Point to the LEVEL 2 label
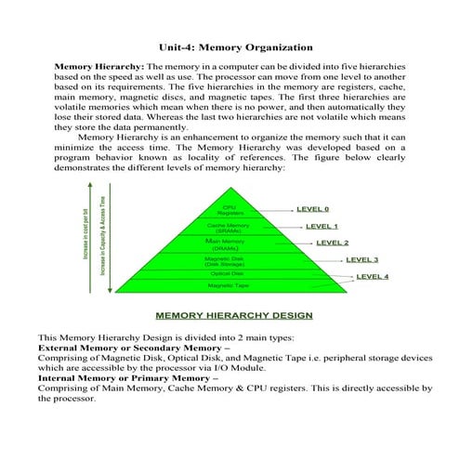coord(332,243)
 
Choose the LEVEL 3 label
coord(361,259)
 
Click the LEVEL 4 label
coord(373,276)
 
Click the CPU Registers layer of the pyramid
coord(230,211)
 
